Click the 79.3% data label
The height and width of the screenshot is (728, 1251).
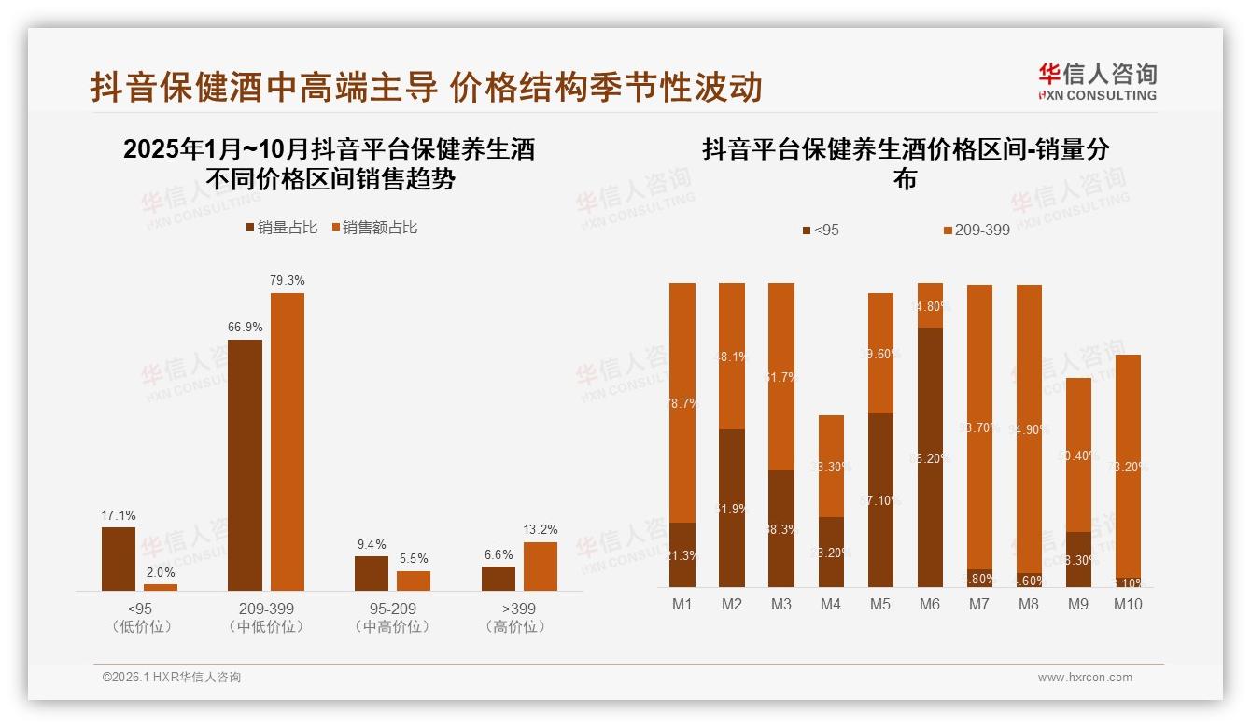pos(288,280)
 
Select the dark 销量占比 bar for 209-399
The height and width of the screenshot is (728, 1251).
pos(245,465)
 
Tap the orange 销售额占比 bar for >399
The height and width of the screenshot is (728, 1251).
pos(540,566)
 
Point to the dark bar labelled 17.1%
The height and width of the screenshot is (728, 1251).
pos(119,558)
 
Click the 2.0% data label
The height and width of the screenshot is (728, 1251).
pos(161,572)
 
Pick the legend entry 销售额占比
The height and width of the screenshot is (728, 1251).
pos(374,227)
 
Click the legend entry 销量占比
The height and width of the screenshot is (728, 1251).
pos(282,227)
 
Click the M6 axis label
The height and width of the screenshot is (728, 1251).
pos(930,604)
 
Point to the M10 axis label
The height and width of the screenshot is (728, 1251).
pos(1128,604)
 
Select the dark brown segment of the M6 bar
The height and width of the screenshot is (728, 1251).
pos(930,457)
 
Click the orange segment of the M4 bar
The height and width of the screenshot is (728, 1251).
pos(831,466)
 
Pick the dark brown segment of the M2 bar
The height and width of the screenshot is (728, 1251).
pos(732,508)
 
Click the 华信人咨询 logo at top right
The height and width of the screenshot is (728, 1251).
pos(1097,81)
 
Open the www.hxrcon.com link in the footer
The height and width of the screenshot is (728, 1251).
pos(1085,678)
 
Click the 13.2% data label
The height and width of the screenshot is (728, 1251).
pos(540,529)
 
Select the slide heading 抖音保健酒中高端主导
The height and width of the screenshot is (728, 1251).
pos(264,87)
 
